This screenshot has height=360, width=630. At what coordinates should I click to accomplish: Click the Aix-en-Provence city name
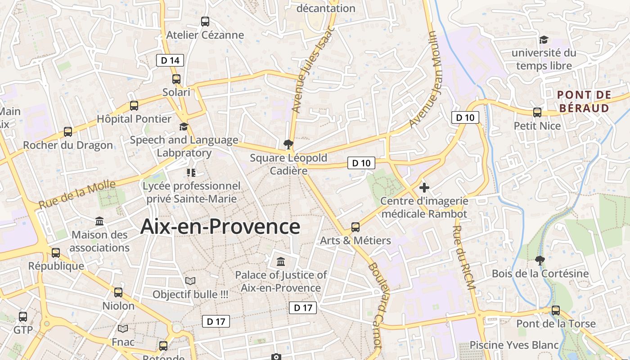pyautogui.click(x=220, y=226)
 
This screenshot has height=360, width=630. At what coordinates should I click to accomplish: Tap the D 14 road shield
pyautogui.click(x=170, y=60)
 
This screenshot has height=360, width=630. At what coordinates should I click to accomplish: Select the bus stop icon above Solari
pyautogui.click(x=176, y=79)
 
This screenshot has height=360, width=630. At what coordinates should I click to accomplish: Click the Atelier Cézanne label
pyautogui.click(x=205, y=35)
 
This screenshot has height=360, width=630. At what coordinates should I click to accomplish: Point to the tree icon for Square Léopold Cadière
pyautogui.click(x=288, y=144)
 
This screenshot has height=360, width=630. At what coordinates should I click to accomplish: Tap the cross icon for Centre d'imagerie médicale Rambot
pyautogui.click(x=424, y=187)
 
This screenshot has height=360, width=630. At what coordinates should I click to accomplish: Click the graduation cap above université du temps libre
pyautogui.click(x=544, y=40)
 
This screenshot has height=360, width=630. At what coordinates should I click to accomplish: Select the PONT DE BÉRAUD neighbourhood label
pyautogui.click(x=584, y=101)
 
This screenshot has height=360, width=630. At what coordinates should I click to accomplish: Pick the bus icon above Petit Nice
pyautogui.click(x=537, y=112)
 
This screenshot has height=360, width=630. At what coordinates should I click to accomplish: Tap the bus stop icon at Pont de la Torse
pyautogui.click(x=556, y=310)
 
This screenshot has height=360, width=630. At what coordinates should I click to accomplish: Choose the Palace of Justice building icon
pyautogui.click(x=281, y=261)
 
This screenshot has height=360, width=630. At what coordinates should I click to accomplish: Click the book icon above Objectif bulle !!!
pyautogui.click(x=190, y=281)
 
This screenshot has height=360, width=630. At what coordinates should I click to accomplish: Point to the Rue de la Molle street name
pyautogui.click(x=77, y=194)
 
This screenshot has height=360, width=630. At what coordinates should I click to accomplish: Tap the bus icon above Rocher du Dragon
pyautogui.click(x=68, y=132)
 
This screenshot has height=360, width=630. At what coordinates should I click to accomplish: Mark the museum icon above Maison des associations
pyautogui.click(x=99, y=221)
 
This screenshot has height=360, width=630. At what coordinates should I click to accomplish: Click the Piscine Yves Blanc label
pyautogui.click(x=514, y=345)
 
